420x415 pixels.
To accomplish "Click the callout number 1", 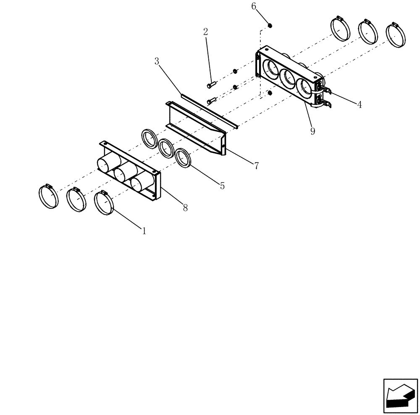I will (144, 231).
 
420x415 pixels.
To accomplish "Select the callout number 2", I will (205, 32).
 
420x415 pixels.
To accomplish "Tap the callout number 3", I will (157, 61).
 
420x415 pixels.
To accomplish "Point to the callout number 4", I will (360, 105).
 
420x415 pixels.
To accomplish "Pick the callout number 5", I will (222, 185).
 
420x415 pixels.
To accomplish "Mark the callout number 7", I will (256, 165).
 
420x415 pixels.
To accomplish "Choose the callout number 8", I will (185, 207).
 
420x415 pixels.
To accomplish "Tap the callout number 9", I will (312, 131).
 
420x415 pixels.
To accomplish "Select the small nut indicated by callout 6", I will (270, 26).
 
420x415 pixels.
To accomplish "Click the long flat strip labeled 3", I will (209, 110).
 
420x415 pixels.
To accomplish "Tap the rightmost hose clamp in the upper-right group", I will (396, 34).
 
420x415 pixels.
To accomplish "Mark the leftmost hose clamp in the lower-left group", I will (48, 197).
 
